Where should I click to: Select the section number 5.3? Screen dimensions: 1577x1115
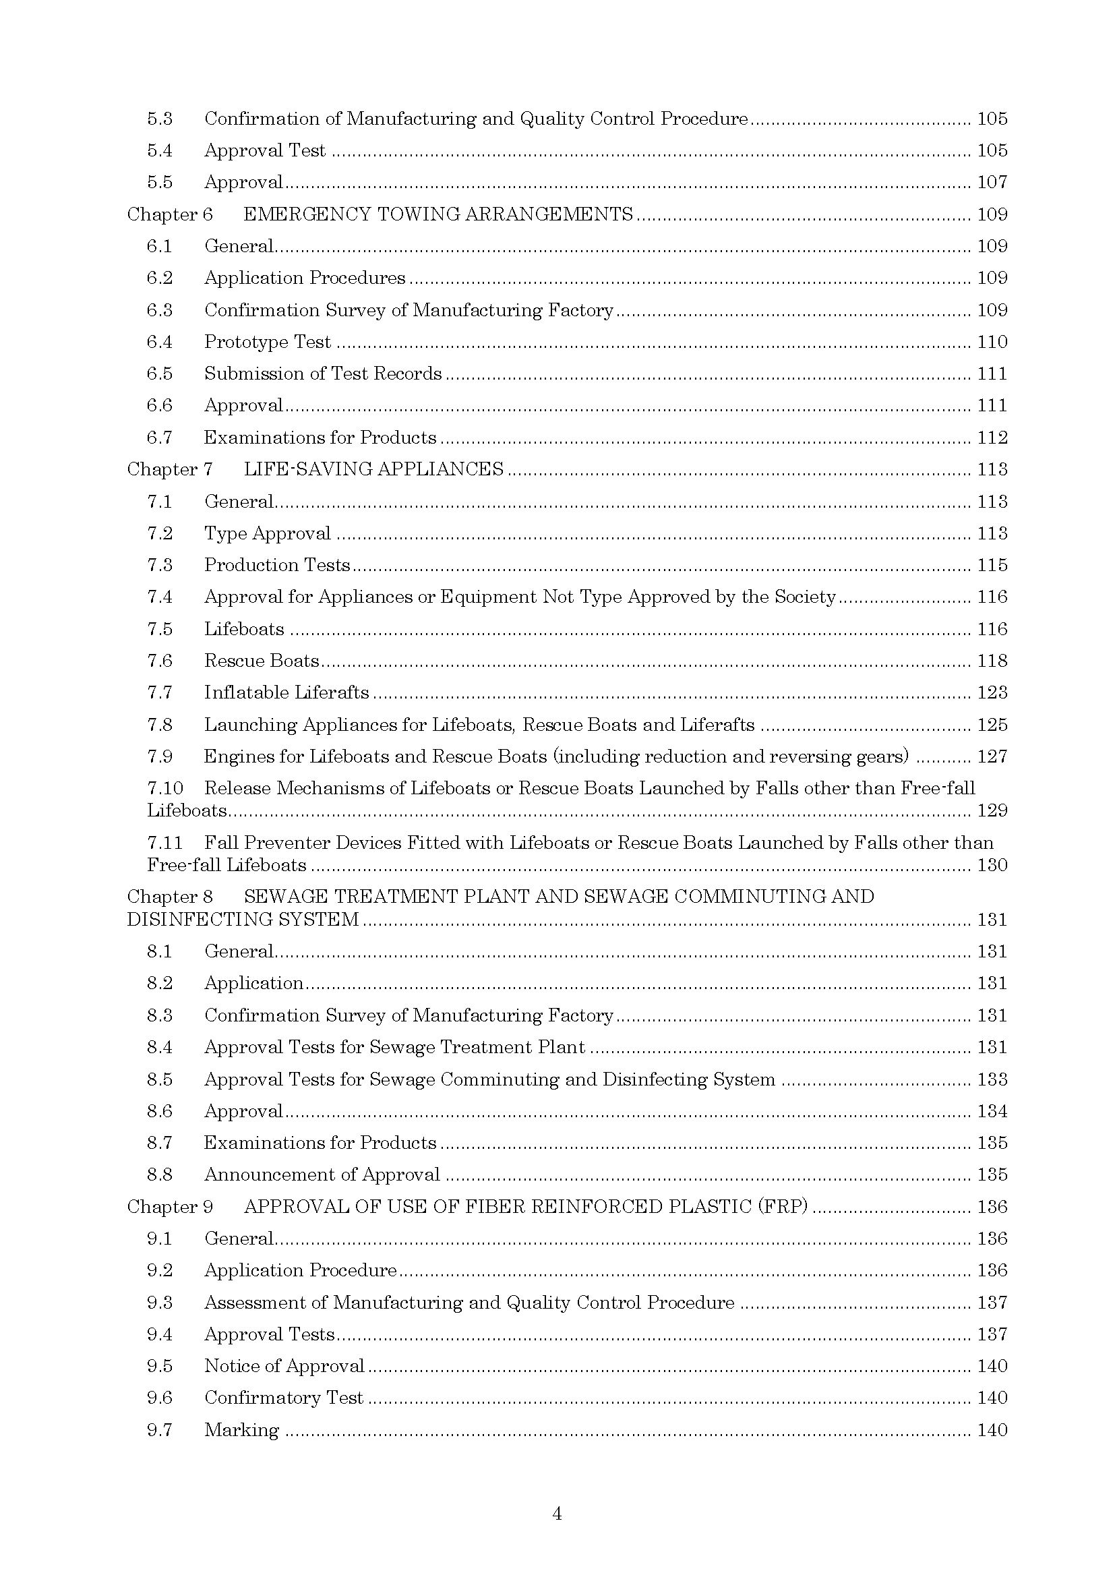(x=159, y=119)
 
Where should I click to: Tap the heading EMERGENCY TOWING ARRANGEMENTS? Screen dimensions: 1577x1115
(x=438, y=214)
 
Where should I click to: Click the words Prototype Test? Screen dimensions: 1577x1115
(x=267, y=342)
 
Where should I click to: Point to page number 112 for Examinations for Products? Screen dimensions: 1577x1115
(x=992, y=438)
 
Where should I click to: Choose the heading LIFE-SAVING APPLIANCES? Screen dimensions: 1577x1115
(x=373, y=469)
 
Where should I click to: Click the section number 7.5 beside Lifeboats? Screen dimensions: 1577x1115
(x=159, y=629)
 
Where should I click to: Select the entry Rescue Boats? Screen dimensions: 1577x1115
(x=262, y=661)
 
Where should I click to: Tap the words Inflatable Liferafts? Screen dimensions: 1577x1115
(x=287, y=692)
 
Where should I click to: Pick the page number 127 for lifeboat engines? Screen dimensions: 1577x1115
(x=992, y=756)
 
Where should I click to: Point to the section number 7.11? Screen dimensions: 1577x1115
(x=164, y=843)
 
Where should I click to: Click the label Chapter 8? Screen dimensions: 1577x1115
(x=170, y=897)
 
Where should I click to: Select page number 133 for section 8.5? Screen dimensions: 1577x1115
(x=992, y=1079)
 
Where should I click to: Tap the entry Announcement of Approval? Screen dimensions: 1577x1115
(x=322, y=1174)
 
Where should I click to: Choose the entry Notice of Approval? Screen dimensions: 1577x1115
(x=284, y=1366)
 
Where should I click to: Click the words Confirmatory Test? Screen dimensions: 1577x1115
(x=284, y=1398)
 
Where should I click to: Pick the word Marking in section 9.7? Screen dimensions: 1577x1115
(x=242, y=1430)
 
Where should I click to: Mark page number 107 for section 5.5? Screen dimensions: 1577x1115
(x=992, y=182)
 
